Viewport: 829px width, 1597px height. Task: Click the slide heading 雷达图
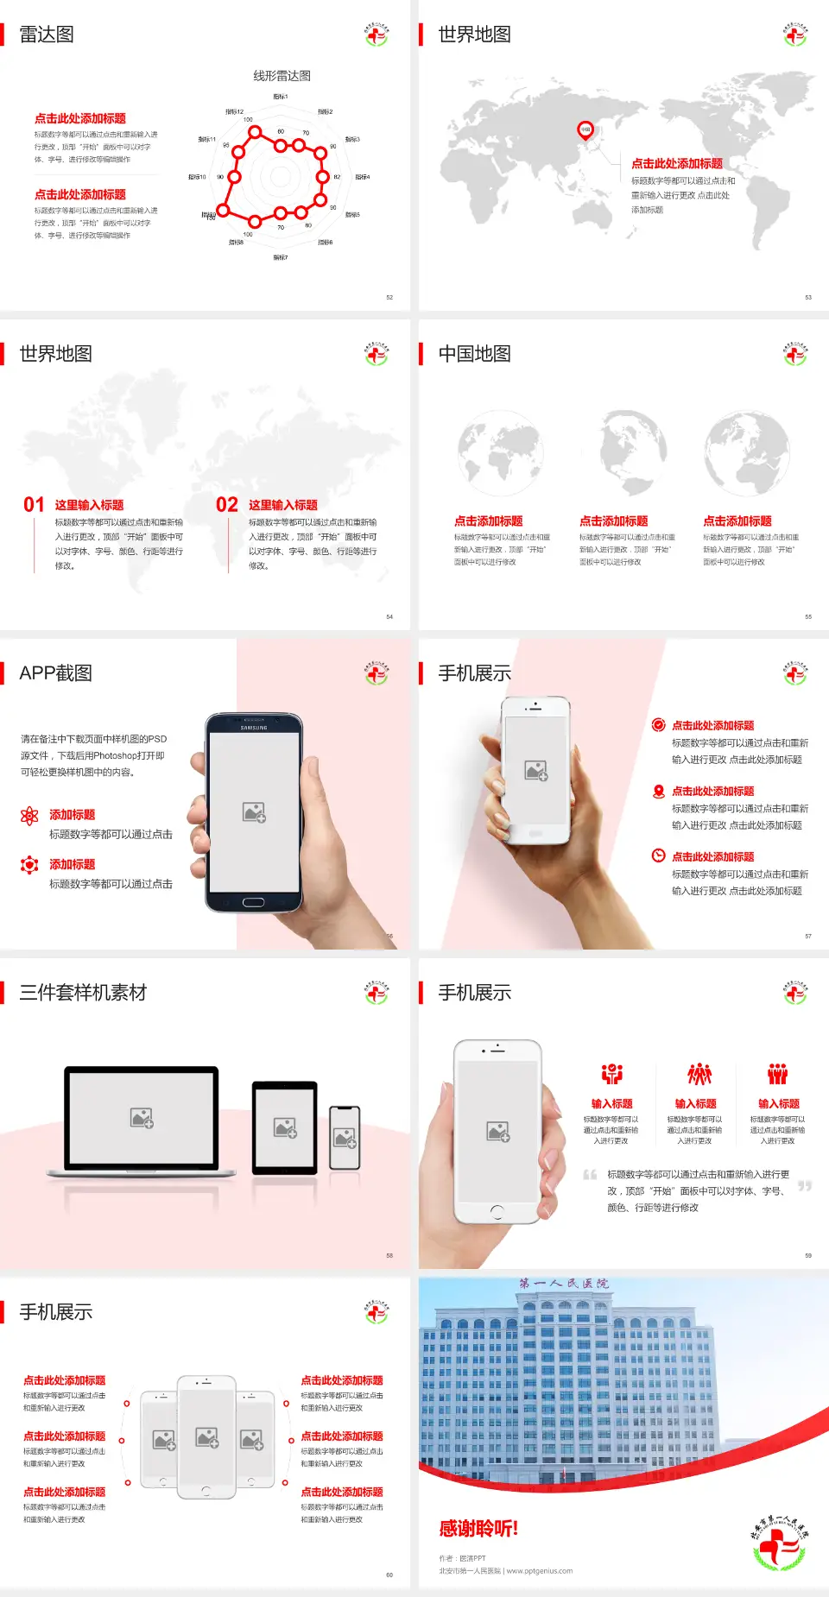pos(47,35)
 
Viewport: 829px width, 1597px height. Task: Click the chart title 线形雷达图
pos(282,76)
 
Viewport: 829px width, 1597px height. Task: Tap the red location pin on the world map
pos(585,130)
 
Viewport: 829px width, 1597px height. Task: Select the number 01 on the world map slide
pos(34,505)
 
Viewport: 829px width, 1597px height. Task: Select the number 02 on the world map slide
pos(227,505)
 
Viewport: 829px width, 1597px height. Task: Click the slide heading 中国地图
pos(474,354)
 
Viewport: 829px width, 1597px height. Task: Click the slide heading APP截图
pos(55,673)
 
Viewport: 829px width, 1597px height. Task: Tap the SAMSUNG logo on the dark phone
pos(254,728)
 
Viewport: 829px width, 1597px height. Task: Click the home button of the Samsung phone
pos(253,903)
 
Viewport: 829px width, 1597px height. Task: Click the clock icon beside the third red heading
pos(658,855)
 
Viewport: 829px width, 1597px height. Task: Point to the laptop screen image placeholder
pos(142,1118)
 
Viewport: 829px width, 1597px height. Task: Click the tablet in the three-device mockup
pos(284,1127)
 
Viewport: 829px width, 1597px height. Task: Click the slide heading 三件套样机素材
pos(83,993)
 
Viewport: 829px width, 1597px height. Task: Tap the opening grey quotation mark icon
pos(590,1175)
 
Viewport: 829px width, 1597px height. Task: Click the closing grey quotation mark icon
pos(805,1186)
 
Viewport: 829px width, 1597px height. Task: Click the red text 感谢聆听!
pos(478,1529)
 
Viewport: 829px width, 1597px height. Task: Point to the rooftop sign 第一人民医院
pos(564,1284)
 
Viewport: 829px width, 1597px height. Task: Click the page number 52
pos(389,298)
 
